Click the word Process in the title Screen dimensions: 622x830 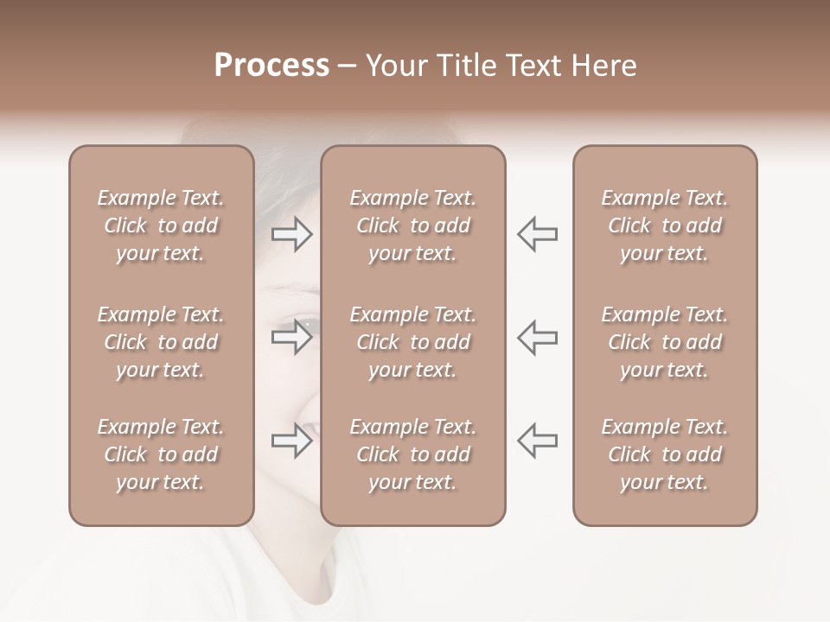(271, 66)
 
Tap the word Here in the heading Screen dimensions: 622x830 (602, 66)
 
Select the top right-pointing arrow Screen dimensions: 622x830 (292, 234)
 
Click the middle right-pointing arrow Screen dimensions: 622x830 (292, 338)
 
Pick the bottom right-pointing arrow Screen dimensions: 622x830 (292, 441)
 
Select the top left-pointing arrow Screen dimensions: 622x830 (538, 234)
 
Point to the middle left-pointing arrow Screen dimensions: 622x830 (538, 338)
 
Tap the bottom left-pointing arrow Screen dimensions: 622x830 (538, 441)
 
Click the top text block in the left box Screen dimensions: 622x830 (161, 225)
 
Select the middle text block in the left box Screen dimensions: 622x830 (161, 342)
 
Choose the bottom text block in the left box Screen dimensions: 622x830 (161, 454)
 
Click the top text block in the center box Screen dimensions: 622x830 (413, 225)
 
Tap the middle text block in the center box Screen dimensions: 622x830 (413, 342)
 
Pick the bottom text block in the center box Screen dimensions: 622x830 (413, 454)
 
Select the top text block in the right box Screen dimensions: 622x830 (665, 225)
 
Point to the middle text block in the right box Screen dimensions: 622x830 (665, 342)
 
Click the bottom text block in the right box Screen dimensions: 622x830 (665, 454)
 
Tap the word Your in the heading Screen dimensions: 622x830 (394, 66)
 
